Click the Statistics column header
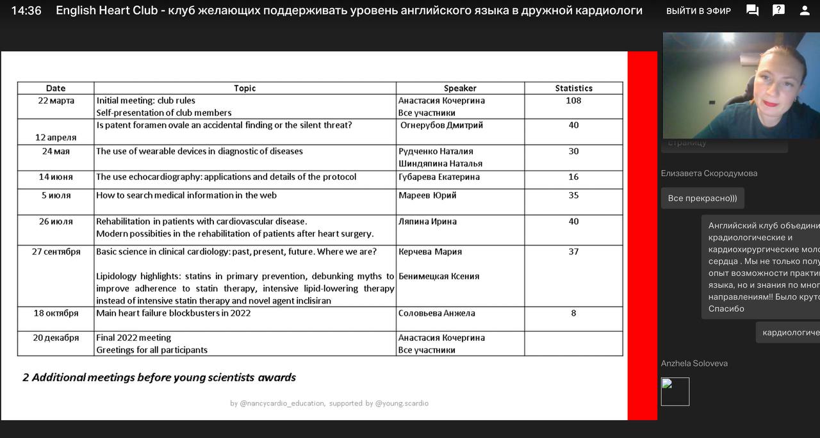point(573,88)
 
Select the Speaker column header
point(460,88)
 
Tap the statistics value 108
point(573,101)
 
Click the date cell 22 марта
point(56,101)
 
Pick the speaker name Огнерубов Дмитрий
point(441,126)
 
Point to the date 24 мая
point(56,152)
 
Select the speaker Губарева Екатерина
point(439,177)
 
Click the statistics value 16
point(573,177)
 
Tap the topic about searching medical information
point(186,195)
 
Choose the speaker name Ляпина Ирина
point(427,222)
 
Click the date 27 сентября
point(56,252)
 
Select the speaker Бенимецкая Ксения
point(439,277)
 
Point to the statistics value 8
point(573,313)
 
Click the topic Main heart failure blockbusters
point(174,313)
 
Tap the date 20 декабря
point(56,338)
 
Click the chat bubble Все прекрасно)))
point(702,199)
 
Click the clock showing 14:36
point(26,11)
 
